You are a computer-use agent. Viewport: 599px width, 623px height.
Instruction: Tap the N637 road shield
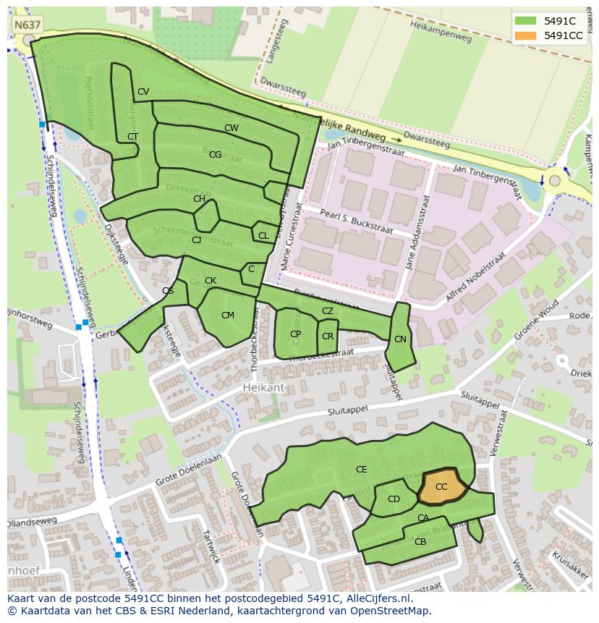pyautogui.click(x=27, y=25)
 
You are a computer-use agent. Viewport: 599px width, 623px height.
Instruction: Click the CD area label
pyautogui.click(x=394, y=499)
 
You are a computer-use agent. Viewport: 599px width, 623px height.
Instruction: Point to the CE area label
pyautogui.click(x=361, y=470)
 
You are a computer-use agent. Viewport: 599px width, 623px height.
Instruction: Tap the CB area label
pyautogui.click(x=420, y=541)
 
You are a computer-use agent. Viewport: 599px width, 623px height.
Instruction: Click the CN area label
pyautogui.click(x=400, y=339)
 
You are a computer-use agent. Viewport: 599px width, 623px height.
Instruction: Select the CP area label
pyautogui.click(x=295, y=334)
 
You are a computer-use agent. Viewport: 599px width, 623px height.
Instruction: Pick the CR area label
pyautogui.click(x=328, y=336)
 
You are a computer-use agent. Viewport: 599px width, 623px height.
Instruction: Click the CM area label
pyautogui.click(x=228, y=315)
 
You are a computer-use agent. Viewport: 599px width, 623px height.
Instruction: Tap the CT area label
pyautogui.click(x=132, y=136)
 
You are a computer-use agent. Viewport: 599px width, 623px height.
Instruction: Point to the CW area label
pyautogui.click(x=231, y=128)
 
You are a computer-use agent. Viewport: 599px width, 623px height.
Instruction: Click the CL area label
pyautogui.click(x=263, y=235)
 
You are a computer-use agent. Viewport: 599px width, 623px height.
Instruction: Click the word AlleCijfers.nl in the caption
pyautogui.click(x=377, y=598)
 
